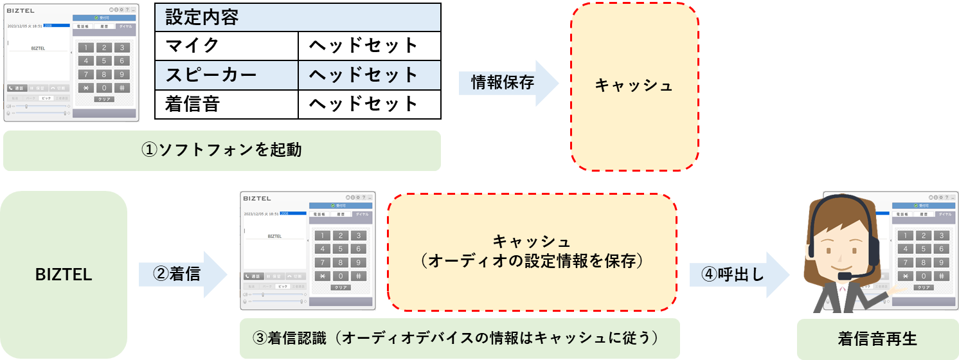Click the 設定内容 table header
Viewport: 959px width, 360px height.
point(298,17)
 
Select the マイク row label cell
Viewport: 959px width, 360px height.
point(226,46)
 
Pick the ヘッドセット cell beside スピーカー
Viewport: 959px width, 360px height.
point(369,75)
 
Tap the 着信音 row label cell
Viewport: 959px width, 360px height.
point(226,104)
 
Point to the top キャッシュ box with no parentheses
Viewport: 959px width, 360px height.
point(634,86)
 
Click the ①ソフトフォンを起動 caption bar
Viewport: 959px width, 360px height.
point(222,150)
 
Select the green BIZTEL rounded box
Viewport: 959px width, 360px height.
point(64,274)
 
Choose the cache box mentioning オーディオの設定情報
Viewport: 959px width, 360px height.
point(532,252)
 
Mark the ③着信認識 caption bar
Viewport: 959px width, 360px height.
point(460,338)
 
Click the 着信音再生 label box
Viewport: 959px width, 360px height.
point(877,339)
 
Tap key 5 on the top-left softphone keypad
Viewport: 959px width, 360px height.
point(103,61)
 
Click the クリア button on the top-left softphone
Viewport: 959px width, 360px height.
point(103,100)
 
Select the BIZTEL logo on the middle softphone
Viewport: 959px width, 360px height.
point(257,198)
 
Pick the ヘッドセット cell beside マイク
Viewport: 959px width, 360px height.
point(369,46)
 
